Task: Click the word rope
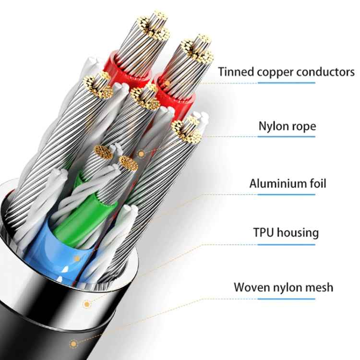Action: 304,127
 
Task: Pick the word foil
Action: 315,183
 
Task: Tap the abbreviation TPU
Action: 264,233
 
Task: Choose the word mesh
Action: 319,288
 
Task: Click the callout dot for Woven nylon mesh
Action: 73,344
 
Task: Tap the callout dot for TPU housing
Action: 86,304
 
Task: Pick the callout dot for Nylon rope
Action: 142,154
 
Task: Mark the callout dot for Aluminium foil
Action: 77,259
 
